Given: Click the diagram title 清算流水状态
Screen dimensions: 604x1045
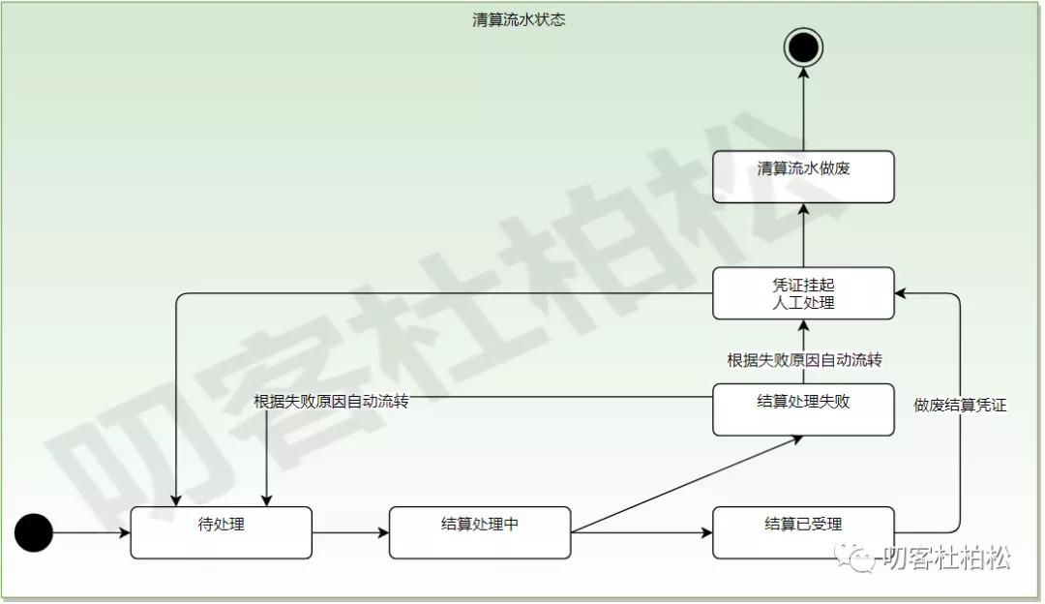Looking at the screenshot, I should pos(519,20).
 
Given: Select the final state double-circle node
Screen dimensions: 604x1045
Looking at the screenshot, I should pos(803,45).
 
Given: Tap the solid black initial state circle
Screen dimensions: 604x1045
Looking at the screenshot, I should pos(34,531).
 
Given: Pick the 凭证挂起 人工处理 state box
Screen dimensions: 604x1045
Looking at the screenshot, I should pos(803,293).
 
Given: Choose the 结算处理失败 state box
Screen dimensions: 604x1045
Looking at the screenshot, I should pos(803,409).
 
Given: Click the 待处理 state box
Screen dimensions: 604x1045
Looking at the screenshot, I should pos(222,532).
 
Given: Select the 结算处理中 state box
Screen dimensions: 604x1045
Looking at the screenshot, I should pos(480,532).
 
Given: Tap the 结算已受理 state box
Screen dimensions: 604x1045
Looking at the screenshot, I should pos(803,532).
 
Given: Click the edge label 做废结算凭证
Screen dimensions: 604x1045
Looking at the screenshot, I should pos(960,406).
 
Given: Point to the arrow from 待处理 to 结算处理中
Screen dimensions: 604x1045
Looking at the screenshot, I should pos(350,532).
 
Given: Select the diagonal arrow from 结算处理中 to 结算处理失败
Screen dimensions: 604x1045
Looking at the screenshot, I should pos(687,484).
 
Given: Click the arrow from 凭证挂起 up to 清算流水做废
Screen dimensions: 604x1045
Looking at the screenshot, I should pos(803,235).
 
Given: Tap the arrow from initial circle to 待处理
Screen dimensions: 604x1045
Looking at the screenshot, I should pos(92,532).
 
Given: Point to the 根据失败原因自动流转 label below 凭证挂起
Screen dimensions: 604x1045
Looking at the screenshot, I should pos(804,360).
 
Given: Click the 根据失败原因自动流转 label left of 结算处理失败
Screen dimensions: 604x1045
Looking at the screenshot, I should pos(331,401).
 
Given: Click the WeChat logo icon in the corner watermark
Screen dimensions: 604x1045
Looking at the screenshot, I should pos(852,558).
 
